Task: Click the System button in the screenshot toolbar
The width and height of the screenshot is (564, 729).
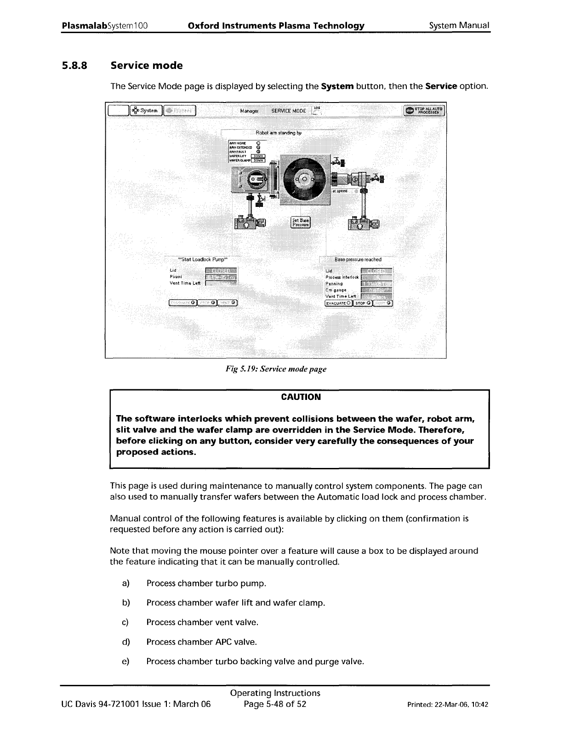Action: pyautogui.click(x=146, y=110)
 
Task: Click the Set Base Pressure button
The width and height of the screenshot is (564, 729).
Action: pyautogui.click(x=301, y=222)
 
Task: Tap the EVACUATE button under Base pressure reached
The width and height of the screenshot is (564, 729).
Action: pyautogui.click(x=338, y=303)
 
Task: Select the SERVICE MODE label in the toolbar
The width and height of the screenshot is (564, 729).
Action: pyautogui.click(x=289, y=111)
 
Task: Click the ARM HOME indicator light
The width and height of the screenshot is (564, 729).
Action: pyautogui.click(x=258, y=142)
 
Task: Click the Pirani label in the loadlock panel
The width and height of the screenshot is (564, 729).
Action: pyautogui.click(x=175, y=277)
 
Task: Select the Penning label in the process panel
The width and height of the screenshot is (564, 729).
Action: pyautogui.click(x=334, y=284)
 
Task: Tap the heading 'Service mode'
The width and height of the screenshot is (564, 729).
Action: pyautogui.click(x=147, y=66)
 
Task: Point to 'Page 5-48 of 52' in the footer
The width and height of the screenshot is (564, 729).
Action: pyautogui.click(x=275, y=704)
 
